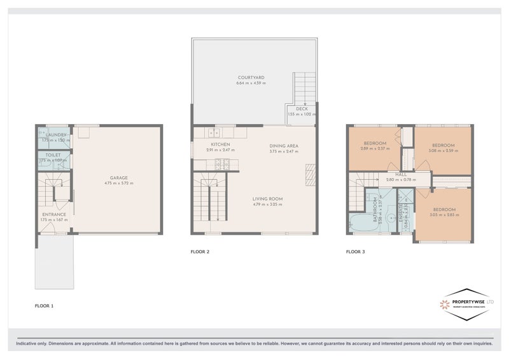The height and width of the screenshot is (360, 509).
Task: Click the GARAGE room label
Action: tap(119, 177)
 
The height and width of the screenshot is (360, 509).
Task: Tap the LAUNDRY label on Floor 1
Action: tap(53, 135)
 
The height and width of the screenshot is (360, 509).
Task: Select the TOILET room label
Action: tap(53, 155)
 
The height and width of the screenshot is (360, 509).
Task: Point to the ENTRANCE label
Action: tap(54, 214)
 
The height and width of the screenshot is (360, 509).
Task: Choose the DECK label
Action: tap(302, 109)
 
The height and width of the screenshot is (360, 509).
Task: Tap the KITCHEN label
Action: tap(220, 144)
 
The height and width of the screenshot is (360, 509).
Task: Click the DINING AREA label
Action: tap(284, 146)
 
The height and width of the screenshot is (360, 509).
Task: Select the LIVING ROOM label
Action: tap(267, 198)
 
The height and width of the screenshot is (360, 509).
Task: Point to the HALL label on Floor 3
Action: tap(401, 174)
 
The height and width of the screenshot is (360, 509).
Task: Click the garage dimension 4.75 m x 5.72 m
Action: tap(119, 183)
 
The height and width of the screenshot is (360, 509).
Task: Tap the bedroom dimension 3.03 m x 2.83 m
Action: tap(444, 215)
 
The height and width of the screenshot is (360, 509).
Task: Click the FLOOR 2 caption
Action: tap(200, 252)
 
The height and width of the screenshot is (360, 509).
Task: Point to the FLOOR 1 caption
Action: tap(44, 306)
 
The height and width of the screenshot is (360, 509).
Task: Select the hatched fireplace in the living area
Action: tap(310, 173)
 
